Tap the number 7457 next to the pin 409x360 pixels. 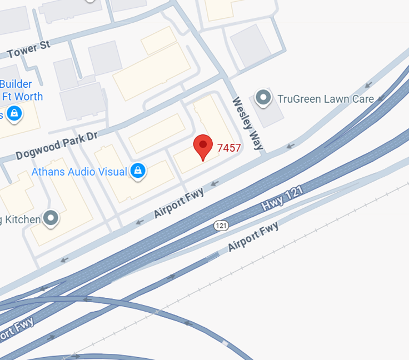[229, 148]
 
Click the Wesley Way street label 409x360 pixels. [247, 124]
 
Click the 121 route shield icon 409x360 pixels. [222, 226]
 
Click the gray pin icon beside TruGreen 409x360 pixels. [263, 98]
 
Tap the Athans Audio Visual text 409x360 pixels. [79, 172]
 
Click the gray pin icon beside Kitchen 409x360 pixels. [52, 218]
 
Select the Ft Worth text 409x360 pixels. [22, 96]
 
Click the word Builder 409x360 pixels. [16, 84]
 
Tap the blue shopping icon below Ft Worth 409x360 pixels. [14, 114]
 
